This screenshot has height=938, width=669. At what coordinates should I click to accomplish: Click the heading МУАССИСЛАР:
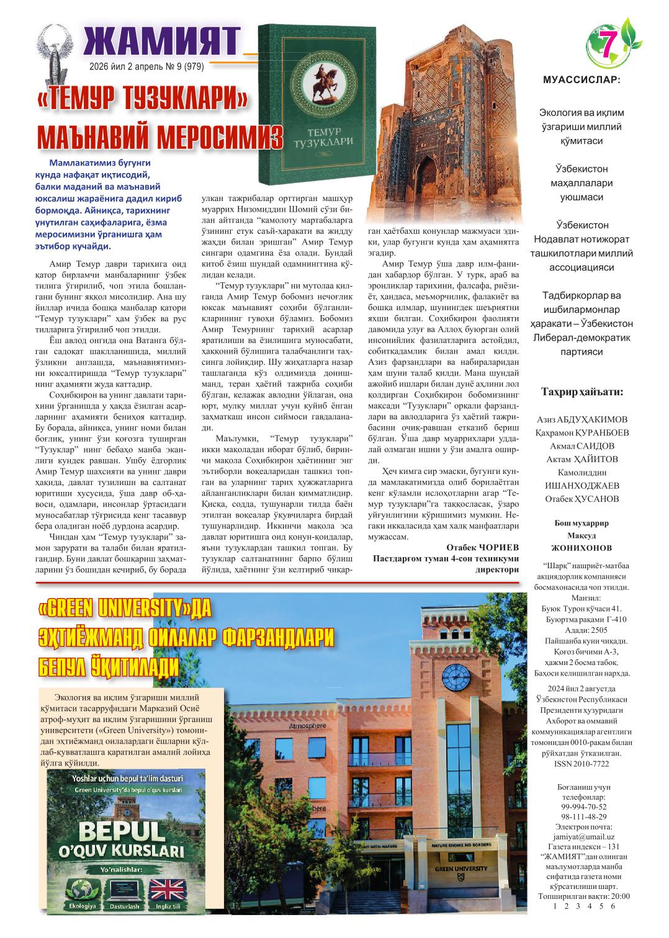(x=581, y=80)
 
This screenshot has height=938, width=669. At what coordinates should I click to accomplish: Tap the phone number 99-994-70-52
(x=583, y=806)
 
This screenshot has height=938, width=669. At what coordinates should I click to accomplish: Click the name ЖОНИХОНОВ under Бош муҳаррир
(x=581, y=548)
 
